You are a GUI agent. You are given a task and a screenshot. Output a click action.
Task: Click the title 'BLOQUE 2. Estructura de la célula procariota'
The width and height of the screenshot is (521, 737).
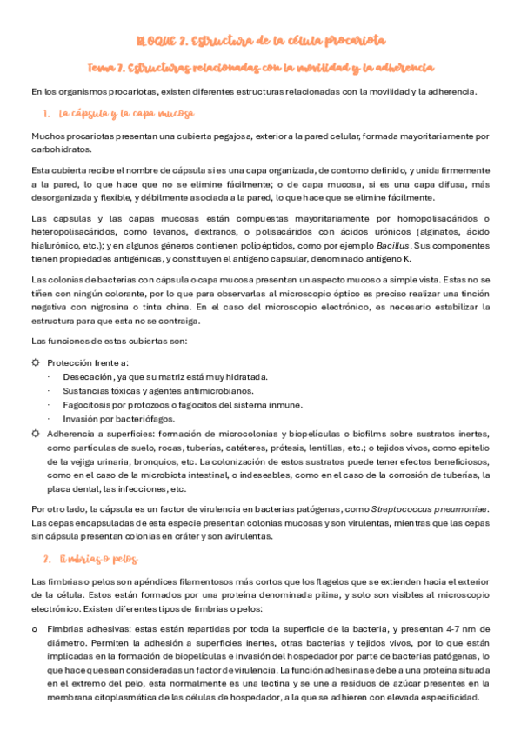coord(261,41)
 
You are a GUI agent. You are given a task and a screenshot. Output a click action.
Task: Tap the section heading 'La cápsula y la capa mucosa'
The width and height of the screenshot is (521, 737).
coord(126,114)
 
